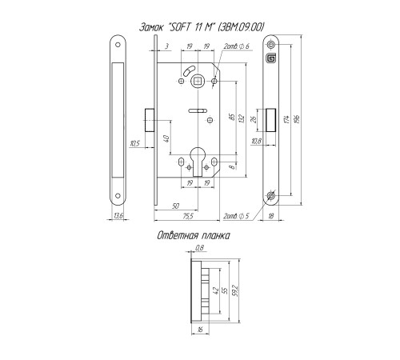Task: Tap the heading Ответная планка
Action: pyautogui.click(x=194, y=236)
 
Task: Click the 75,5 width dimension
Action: pyautogui.click(x=188, y=216)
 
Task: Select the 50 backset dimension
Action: pyautogui.click(x=176, y=206)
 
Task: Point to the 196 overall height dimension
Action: pyautogui.click(x=298, y=119)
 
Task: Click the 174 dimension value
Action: pyautogui.click(x=286, y=119)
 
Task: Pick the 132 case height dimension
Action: pyautogui.click(x=242, y=119)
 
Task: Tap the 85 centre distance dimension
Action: pyautogui.click(x=232, y=117)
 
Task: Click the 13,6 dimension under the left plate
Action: pyautogui.click(x=118, y=216)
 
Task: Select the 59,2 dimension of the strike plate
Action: pyautogui.click(x=235, y=291)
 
